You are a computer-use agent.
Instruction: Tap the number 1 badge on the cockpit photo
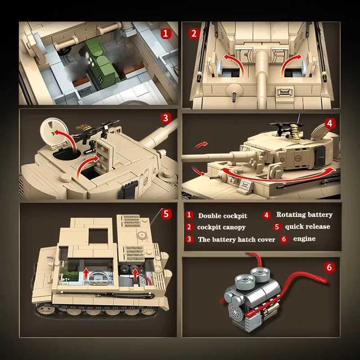pos(166,33)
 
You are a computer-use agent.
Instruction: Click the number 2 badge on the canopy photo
pos(194,33)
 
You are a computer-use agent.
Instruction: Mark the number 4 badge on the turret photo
pos(330,123)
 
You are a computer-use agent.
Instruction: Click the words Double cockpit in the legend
pos(222,216)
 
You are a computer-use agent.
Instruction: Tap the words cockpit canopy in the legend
pos(221,227)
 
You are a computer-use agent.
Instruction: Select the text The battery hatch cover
pos(236,239)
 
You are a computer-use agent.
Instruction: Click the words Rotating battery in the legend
pos(304,215)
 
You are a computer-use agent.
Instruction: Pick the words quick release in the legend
pos(307,227)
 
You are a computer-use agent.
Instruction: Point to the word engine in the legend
pos(304,239)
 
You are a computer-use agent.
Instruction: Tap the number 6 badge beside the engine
pos(330,268)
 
